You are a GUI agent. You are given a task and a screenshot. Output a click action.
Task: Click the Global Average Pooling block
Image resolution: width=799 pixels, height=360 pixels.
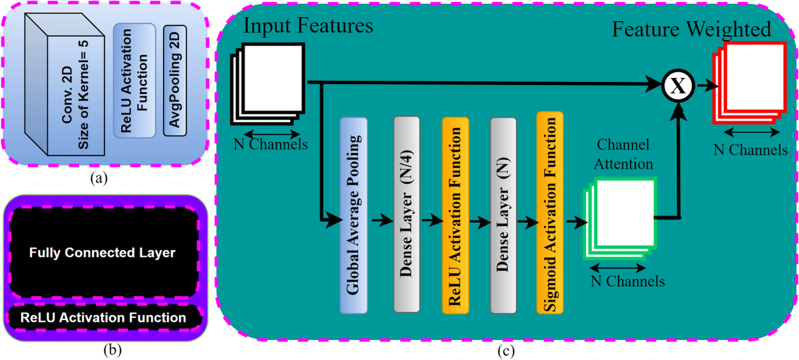pos(353,215)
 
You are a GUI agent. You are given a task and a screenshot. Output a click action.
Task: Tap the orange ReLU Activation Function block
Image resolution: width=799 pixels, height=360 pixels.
pos(455,215)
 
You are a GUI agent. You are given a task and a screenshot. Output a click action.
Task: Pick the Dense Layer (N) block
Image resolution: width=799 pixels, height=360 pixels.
pos(503,215)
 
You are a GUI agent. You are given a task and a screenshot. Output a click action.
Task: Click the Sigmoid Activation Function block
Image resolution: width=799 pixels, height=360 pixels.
pos(550,212)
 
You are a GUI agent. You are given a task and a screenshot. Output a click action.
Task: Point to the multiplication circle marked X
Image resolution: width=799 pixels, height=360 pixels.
pos(678,85)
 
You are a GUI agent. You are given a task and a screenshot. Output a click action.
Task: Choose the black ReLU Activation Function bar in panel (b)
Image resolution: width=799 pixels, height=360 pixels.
pos(103,317)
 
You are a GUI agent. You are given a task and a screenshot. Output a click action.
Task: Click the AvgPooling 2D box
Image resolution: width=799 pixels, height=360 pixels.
pos(175,80)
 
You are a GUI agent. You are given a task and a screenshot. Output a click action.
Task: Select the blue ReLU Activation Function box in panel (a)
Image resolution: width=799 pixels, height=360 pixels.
pos(134,80)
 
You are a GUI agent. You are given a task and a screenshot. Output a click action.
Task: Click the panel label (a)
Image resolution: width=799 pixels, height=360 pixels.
pos(99,178)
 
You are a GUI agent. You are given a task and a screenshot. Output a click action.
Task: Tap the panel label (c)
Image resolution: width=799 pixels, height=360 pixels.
pos(506,351)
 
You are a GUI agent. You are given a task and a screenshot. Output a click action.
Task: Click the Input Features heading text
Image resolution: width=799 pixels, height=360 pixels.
pos(308,26)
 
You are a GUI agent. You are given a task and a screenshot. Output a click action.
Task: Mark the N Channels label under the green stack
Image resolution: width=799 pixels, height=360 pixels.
pos(627,281)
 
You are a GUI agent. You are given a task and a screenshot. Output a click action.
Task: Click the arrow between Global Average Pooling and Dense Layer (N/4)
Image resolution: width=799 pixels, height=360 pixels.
pos(382,220)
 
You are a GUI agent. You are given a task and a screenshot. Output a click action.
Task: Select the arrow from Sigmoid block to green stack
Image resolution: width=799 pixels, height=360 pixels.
pos(576,221)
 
